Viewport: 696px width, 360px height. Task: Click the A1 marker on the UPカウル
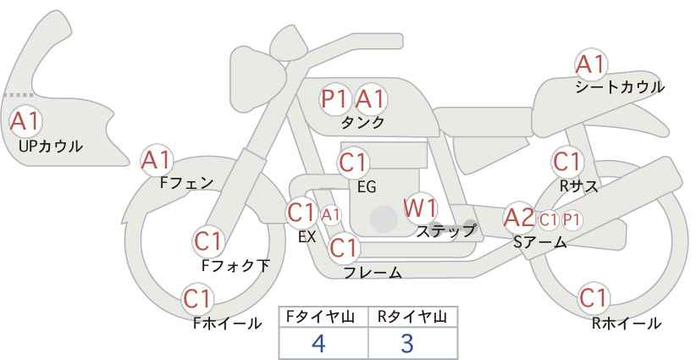point(25,121)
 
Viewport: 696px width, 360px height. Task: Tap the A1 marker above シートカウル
point(591,64)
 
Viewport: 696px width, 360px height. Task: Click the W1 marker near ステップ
point(420,208)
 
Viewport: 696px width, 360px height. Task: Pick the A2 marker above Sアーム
point(519,218)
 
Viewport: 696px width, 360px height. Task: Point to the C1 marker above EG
point(353,163)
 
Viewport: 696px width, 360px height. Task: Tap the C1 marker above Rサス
point(567,162)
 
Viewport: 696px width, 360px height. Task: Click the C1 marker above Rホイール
point(594,298)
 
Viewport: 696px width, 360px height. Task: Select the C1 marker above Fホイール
point(197,299)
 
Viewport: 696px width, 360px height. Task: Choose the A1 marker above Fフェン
point(157,160)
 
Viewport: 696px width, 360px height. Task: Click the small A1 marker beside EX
point(331,215)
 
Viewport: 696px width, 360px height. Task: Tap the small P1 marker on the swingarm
point(572,219)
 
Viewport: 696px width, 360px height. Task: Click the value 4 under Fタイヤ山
point(319,343)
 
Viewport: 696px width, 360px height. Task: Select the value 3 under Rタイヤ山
point(407,343)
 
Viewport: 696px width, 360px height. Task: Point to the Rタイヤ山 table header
point(412,317)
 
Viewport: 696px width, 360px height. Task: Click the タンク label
point(362,122)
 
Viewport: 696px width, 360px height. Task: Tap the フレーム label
point(373,272)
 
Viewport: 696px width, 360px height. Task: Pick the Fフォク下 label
point(235,265)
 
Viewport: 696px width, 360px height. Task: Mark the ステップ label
point(446,231)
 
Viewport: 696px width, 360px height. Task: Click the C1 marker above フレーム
point(344,247)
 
